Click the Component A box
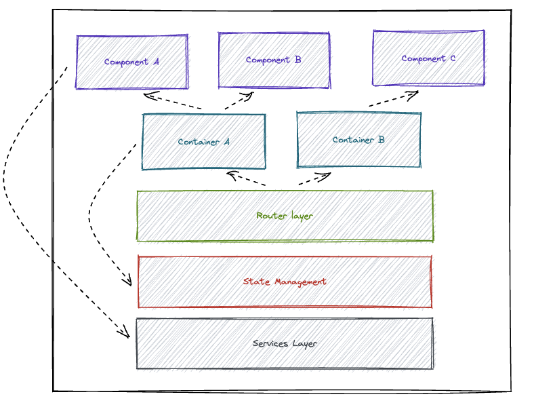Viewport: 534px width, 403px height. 131,62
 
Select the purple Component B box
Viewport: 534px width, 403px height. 274,60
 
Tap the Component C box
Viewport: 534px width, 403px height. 428,58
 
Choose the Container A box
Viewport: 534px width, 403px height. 203,141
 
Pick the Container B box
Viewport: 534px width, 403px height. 358,140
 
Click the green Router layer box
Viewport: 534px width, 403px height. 285,216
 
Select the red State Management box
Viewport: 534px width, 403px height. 285,282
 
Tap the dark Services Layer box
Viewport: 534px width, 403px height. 285,343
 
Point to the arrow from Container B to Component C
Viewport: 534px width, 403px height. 394,99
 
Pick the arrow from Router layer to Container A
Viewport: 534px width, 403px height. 247,180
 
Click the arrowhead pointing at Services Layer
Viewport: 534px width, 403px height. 124,332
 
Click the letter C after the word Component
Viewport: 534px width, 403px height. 452,58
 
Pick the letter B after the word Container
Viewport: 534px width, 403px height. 382,140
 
